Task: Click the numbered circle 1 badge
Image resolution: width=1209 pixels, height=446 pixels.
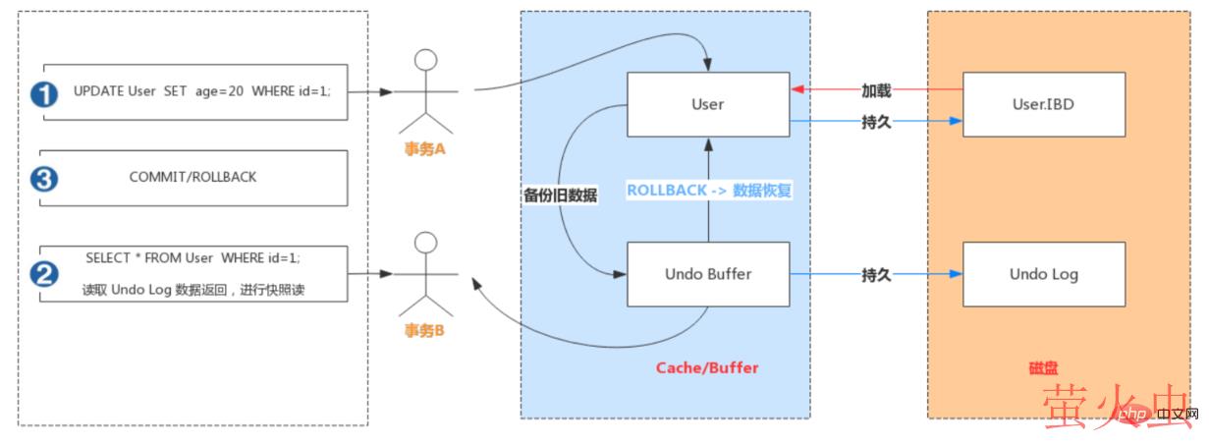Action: (x=43, y=93)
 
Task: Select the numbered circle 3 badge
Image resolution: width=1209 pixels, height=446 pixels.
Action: (x=44, y=179)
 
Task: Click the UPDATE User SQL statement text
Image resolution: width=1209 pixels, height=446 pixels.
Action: (x=201, y=91)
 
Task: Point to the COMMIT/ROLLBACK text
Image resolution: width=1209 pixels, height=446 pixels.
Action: (x=192, y=179)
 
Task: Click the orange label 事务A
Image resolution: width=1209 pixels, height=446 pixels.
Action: (x=425, y=149)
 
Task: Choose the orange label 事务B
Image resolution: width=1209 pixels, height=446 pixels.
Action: (x=425, y=331)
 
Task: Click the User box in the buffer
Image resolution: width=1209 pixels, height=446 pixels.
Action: (x=707, y=104)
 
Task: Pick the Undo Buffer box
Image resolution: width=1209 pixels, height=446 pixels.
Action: (x=708, y=274)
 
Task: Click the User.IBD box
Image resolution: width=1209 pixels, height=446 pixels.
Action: (x=1044, y=104)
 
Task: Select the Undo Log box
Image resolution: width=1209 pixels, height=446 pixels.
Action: (x=1044, y=274)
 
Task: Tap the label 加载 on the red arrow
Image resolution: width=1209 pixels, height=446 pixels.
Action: (x=876, y=90)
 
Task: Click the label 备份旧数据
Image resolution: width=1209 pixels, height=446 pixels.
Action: (x=561, y=195)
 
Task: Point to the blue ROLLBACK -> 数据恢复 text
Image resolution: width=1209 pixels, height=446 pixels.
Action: (x=708, y=191)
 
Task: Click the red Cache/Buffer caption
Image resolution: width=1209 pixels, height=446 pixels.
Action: (x=707, y=367)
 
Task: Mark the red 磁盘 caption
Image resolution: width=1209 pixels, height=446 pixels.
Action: (x=1044, y=367)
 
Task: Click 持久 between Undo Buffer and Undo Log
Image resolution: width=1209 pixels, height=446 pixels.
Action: (x=876, y=275)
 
